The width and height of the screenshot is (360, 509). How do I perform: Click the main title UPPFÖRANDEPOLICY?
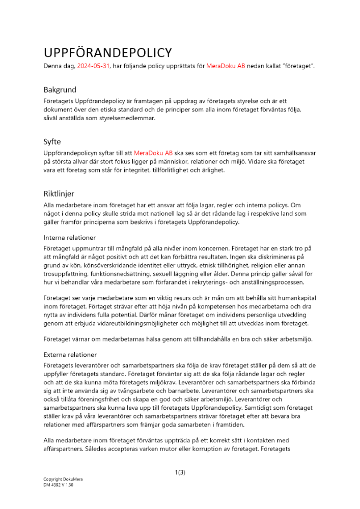pyautogui.click(x=107, y=52)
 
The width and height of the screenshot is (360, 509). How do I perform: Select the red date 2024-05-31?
pyautogui.click(x=94, y=67)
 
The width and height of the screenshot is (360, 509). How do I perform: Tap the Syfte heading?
pyautogui.click(x=52, y=142)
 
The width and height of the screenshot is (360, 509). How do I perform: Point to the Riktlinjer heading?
pyautogui.click(x=59, y=193)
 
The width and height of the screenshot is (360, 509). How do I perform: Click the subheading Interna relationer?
pyautogui.click(x=69, y=237)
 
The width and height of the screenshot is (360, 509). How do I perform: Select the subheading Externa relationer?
pyautogui.click(x=70, y=354)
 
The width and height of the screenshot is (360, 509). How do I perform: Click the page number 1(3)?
pyautogui.click(x=180, y=472)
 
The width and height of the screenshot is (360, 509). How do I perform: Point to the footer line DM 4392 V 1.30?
pyautogui.click(x=59, y=486)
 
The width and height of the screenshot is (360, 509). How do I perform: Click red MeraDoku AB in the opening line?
pyautogui.click(x=226, y=67)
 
